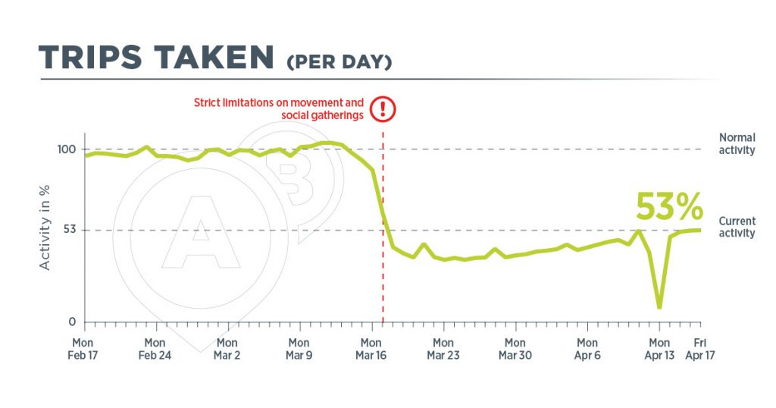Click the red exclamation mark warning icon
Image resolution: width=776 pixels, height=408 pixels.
[383, 109]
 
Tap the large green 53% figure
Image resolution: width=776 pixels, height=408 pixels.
[669, 206]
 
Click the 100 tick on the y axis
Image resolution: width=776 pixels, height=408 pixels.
[67, 149]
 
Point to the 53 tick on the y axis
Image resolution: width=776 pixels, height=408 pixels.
[70, 230]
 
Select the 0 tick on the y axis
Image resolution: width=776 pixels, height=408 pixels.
[72, 322]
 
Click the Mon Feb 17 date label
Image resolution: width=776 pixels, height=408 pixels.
[83, 349]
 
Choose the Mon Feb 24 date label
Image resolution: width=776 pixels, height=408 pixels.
[155, 349]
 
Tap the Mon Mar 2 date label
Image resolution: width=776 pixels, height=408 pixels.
[227, 349]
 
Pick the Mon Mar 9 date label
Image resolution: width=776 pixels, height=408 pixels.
[299, 349]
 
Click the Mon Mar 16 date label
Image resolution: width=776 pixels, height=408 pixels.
[371, 349]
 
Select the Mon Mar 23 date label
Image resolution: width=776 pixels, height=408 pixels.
[443, 349]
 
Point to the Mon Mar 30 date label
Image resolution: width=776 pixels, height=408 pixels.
[515, 349]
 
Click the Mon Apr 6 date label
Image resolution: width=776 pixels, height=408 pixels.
[587, 349]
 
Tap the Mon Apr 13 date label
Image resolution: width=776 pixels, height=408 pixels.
[659, 349]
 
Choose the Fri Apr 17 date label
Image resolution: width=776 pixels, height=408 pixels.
[700, 349]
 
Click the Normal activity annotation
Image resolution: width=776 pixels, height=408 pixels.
[737, 143]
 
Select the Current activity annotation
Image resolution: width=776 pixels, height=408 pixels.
[737, 227]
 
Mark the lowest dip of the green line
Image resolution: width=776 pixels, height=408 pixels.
[659, 307]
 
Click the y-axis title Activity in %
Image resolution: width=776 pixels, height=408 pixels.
[45, 228]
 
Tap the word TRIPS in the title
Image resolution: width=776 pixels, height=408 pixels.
[91, 57]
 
